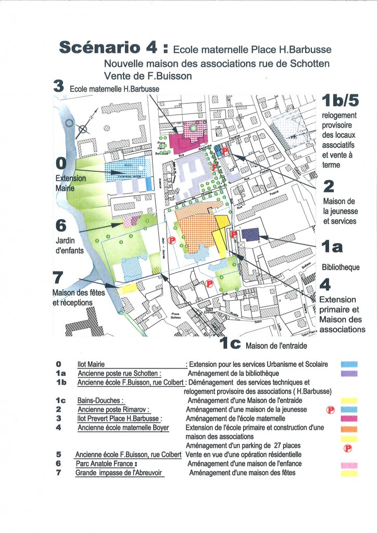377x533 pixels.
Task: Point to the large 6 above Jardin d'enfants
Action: pyautogui.click(x=61, y=225)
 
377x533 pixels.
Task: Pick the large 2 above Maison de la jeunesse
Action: pyautogui.click(x=329, y=186)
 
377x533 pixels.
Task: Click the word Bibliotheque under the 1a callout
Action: pyautogui.click(x=342, y=268)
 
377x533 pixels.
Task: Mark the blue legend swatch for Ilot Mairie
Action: pyautogui.click(x=349, y=365)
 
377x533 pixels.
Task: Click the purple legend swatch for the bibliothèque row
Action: pyautogui.click(x=349, y=373)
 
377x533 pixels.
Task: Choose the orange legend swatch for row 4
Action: pyautogui.click(x=349, y=428)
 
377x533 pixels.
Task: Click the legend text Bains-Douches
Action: pyautogui.click(x=99, y=401)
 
